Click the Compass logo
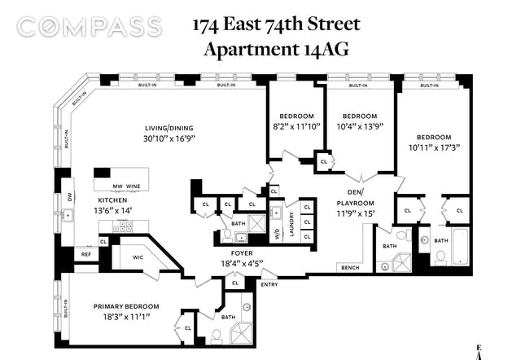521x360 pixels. pos(90,27)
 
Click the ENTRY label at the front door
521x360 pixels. pos(269,284)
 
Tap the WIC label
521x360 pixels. pos(138,257)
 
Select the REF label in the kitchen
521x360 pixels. pos(86,255)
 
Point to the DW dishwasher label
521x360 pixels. pos(69,198)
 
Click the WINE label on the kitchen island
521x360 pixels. pos(133,187)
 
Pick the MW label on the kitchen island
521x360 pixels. pos(117,187)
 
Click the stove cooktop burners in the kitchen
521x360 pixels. pos(122,226)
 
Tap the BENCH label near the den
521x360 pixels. pos(350,268)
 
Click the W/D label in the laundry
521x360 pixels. pos(278,235)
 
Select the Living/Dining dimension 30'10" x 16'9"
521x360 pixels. pos(169,138)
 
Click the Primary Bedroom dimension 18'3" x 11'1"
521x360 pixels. pos(126,317)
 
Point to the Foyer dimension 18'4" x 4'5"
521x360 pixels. pos(242,264)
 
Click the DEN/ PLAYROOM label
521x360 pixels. pos(355,197)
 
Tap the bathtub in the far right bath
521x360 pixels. pos(460,246)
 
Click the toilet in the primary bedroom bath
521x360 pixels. pos(217,336)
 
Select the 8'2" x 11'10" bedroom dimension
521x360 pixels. pos(296,126)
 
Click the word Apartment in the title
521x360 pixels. pos(252,50)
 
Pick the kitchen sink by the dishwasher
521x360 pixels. pos(68,216)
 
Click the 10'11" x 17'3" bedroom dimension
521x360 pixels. pos(434,147)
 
